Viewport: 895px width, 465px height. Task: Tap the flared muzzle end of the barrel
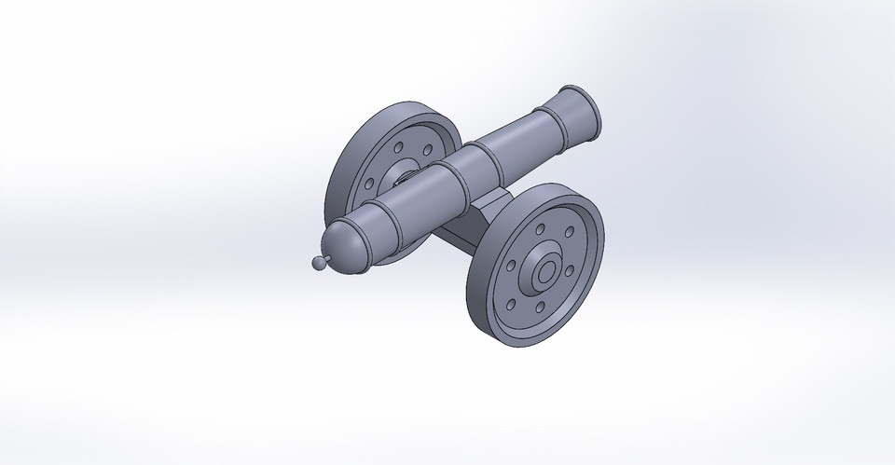583,110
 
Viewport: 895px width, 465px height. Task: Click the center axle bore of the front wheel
544,272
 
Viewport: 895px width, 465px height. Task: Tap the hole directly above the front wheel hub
541,228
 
